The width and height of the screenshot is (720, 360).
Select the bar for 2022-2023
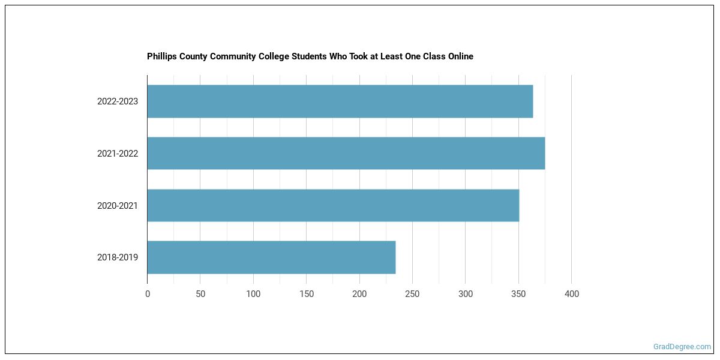[340, 101]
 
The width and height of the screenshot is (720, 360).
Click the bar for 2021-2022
[346, 153]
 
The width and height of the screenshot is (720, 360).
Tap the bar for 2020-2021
[333, 205]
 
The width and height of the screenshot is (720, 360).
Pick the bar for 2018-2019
[271, 257]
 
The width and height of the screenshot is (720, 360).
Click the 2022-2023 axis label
[118, 101]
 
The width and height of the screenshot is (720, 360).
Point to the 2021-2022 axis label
[118, 154]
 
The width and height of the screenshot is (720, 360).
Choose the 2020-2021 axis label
[118, 206]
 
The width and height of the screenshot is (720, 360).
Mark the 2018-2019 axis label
[118, 257]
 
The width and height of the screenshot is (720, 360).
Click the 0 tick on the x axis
[148, 294]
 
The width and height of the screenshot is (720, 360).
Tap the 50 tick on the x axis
[200, 294]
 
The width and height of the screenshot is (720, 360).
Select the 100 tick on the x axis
[253, 294]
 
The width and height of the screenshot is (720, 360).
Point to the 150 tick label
[306, 294]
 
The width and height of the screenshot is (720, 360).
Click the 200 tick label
[359, 294]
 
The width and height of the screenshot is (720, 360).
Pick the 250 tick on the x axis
[412, 294]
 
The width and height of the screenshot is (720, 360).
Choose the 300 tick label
[466, 294]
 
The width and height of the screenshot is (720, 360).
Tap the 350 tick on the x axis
[518, 294]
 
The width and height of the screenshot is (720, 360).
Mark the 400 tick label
[572, 294]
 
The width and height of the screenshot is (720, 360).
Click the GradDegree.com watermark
[682, 347]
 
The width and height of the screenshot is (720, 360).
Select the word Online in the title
[459, 56]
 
